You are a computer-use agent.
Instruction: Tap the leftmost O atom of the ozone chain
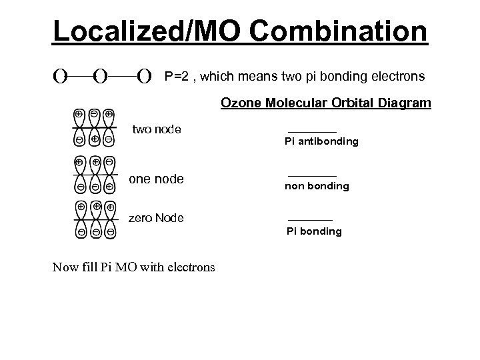[x=60, y=77]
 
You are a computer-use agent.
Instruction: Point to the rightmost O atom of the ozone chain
[x=144, y=77]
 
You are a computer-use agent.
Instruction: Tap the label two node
[x=157, y=129]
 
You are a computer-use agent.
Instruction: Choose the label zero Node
[x=156, y=218]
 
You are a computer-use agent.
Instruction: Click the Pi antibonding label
[x=321, y=141]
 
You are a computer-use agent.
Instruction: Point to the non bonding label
[x=317, y=186]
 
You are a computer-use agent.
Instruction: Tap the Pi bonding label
[x=314, y=231]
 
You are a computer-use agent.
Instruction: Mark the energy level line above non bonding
[x=312, y=175]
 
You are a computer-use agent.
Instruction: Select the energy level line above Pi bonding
[x=310, y=220]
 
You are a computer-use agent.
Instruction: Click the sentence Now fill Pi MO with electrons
[x=133, y=267]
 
